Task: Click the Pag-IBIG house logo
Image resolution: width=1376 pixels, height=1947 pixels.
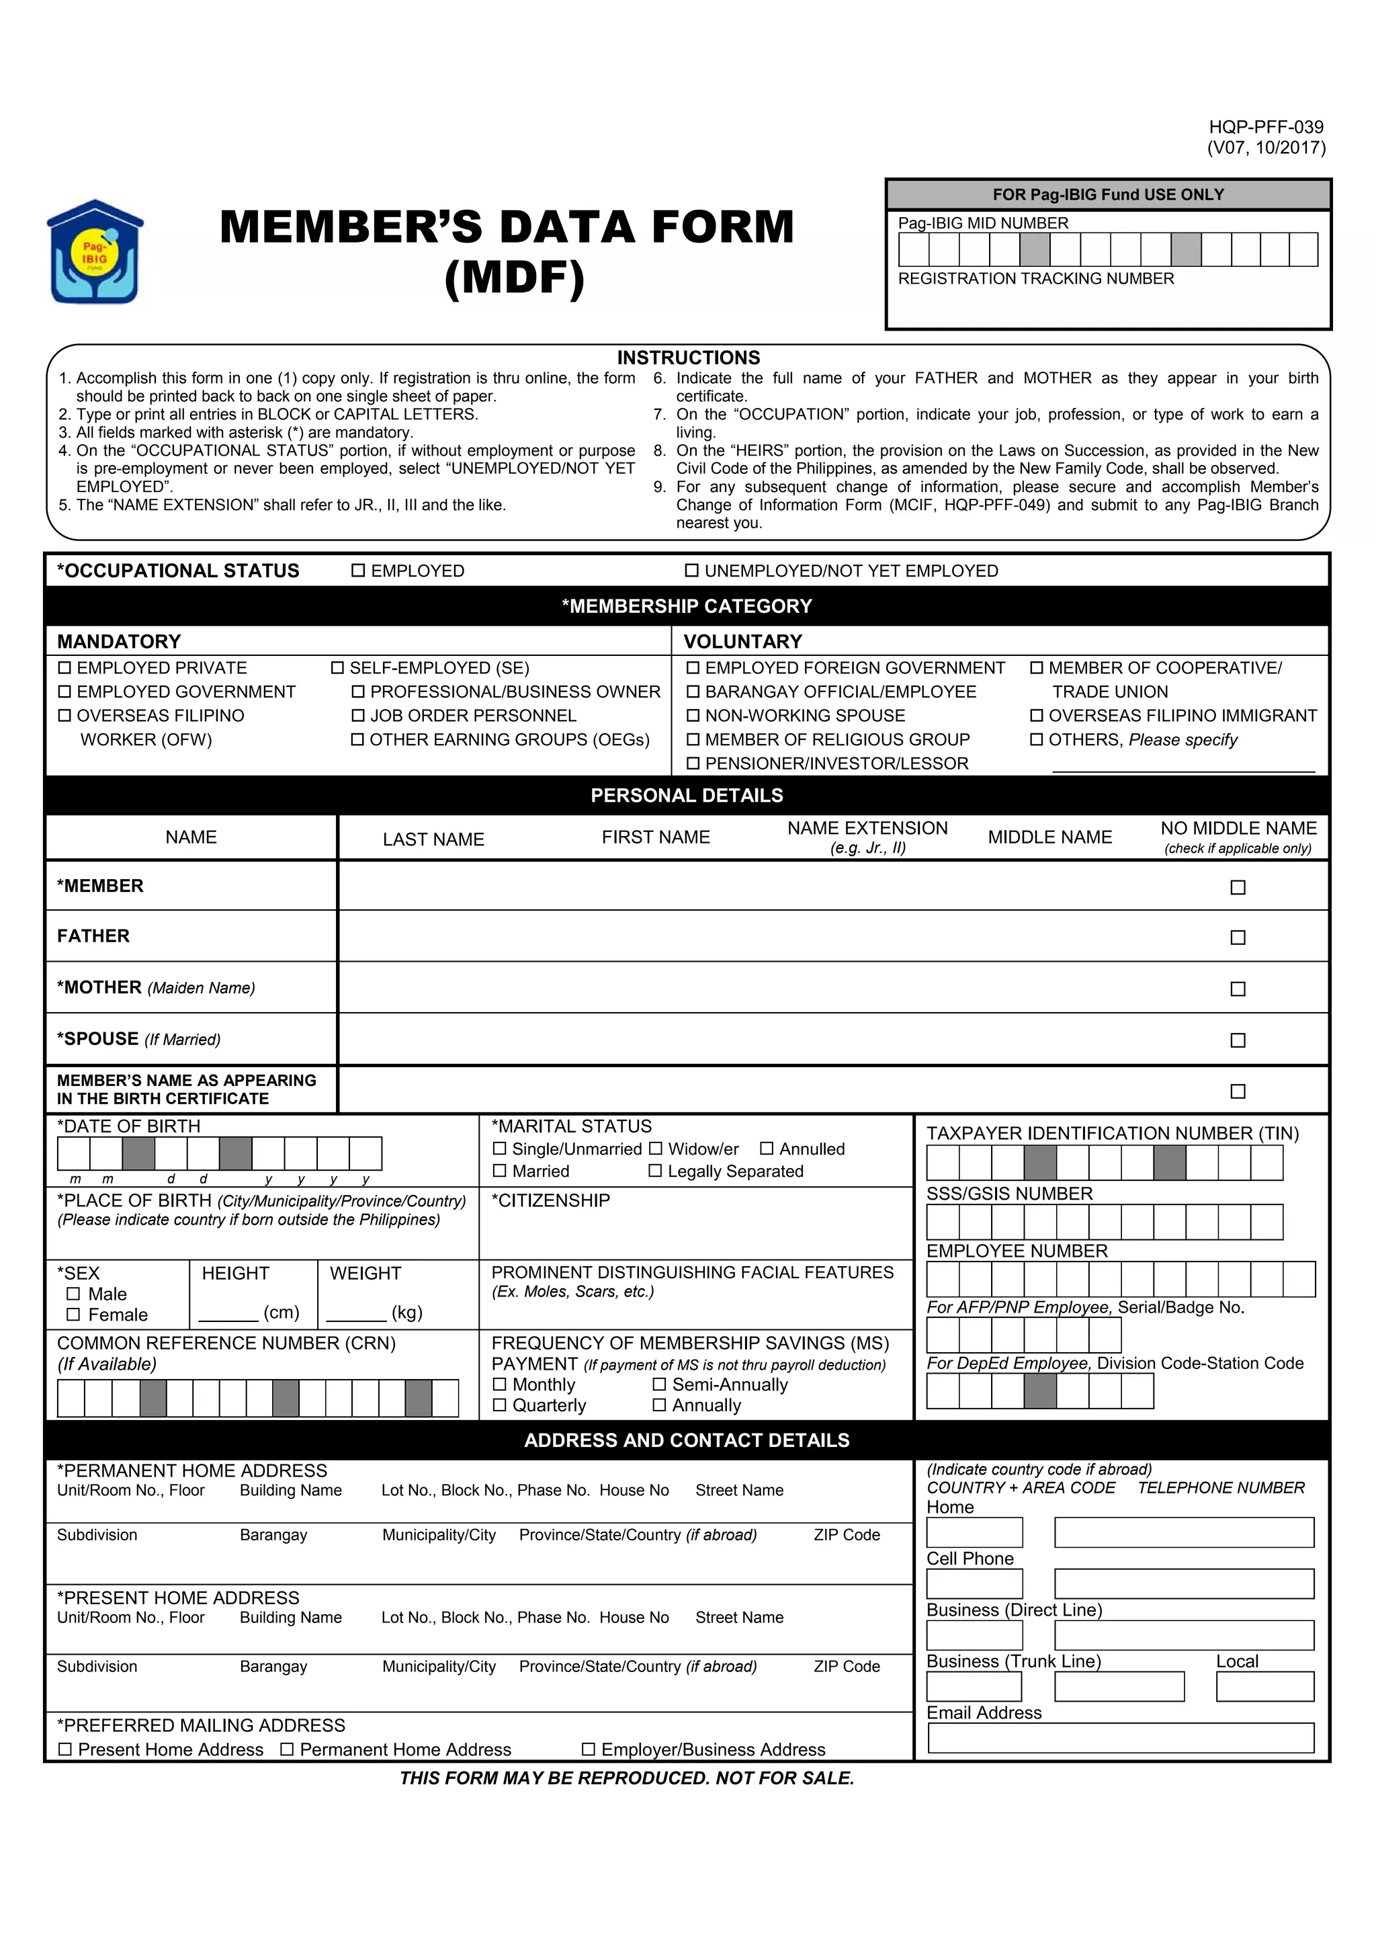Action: point(94,253)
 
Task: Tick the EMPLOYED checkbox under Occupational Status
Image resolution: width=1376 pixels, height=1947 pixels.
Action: point(358,571)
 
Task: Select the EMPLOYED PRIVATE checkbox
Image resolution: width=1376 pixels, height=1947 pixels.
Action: point(64,668)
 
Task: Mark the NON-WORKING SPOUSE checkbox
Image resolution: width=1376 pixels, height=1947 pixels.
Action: point(693,716)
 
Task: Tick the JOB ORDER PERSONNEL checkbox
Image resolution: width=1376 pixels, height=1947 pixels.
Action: point(358,716)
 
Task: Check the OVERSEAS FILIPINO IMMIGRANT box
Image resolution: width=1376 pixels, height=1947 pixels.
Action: point(1036,716)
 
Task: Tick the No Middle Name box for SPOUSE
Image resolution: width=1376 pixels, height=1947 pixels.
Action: point(1237,1040)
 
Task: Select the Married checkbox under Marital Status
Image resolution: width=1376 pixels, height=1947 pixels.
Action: point(499,1171)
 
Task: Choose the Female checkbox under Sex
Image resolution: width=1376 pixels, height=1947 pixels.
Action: point(73,1315)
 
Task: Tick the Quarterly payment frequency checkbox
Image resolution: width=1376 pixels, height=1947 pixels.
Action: point(499,1405)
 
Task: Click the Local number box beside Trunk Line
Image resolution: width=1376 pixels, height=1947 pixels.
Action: point(1264,1687)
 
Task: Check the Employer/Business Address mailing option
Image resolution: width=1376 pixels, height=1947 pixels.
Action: point(589,1749)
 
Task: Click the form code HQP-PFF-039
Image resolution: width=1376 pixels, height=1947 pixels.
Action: point(1265,127)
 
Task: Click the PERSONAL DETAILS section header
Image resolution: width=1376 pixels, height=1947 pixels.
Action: point(687,796)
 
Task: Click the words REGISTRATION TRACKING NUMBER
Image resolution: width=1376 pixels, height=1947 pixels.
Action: point(1035,279)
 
